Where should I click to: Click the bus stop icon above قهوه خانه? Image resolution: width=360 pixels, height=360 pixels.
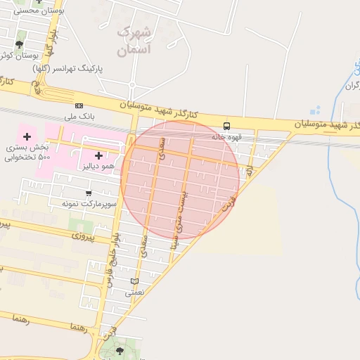tap(226, 127)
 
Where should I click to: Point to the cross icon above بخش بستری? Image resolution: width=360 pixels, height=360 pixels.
tap(27, 135)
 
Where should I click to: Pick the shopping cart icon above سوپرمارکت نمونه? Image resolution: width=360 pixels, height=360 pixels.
tap(89, 193)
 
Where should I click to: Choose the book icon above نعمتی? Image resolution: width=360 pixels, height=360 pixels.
tap(134, 282)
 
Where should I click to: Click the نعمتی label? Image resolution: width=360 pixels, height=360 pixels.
tap(134, 292)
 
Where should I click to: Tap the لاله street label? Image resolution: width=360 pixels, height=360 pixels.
tap(249, 169)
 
